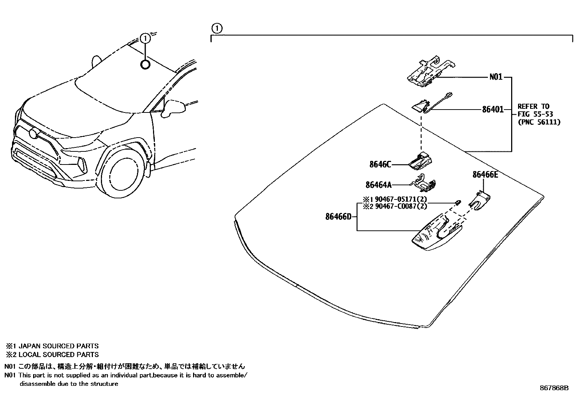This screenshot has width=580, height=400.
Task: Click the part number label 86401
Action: tap(493, 109)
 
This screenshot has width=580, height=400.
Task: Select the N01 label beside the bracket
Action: tap(495, 77)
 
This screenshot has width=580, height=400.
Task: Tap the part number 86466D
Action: tap(338, 217)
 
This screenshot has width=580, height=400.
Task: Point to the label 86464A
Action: tap(379, 185)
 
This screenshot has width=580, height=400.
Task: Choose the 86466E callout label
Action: tap(485, 175)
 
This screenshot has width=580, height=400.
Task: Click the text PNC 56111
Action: tap(539, 122)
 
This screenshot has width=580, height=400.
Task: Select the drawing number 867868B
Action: tap(554, 388)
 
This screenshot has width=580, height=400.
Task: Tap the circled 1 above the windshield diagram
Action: tap(216, 28)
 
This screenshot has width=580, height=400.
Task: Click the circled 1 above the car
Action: tap(145, 38)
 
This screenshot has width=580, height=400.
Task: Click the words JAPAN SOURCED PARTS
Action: tap(58, 346)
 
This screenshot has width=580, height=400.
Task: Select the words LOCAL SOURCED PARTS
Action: tap(58, 355)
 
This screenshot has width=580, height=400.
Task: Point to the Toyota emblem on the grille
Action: tap(34, 134)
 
